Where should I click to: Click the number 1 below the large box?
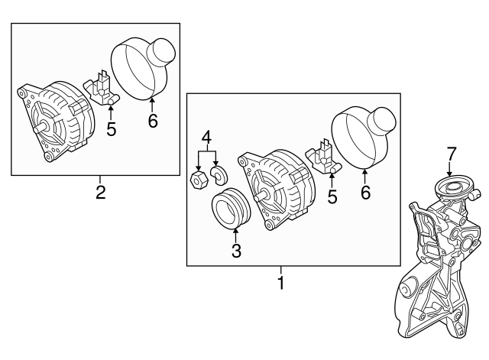pos(280,284)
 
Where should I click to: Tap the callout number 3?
pos(236,250)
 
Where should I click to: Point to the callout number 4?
pos(206,138)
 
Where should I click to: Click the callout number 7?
pos(451,154)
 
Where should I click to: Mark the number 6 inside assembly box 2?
pos(153,121)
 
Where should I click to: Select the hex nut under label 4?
pos(196,180)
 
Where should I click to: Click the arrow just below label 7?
pos(450,170)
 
